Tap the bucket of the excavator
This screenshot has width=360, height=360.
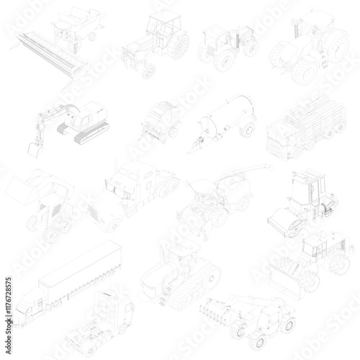pos(34,148)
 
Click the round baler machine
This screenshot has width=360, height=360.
pos(161,120)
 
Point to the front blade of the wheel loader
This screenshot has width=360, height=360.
pos(284,284)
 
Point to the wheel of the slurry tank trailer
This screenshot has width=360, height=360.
pos(248,130)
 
